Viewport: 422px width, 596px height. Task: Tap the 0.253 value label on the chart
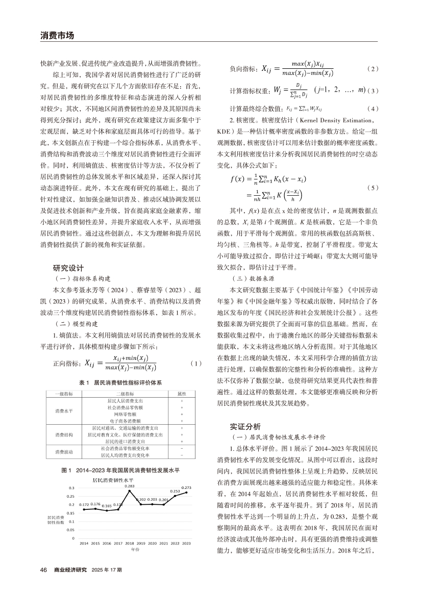(175, 490)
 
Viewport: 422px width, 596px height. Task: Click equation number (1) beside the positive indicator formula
(195, 364)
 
